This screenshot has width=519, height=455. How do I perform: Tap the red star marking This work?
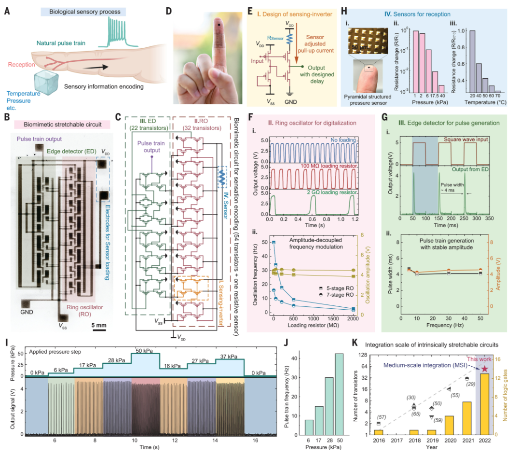[484, 368]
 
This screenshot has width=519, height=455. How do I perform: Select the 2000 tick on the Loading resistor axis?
[353, 319]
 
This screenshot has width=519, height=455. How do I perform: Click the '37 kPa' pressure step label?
[229, 357]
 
